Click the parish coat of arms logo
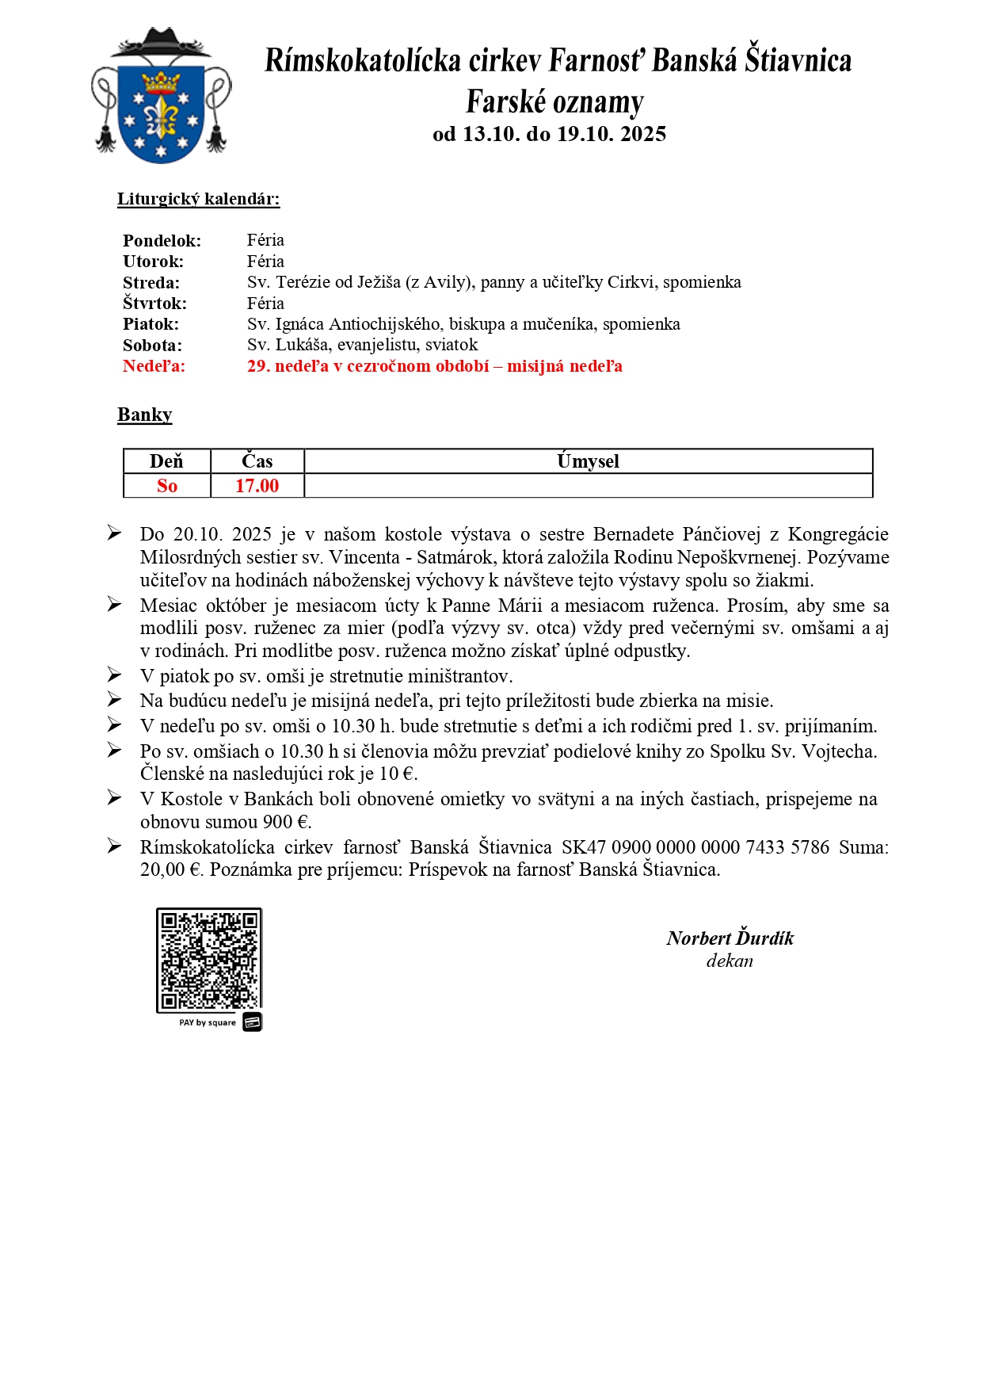point(161,97)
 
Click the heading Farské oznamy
point(554,102)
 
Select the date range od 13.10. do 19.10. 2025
point(549,134)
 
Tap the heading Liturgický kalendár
point(198,199)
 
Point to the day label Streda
point(151,283)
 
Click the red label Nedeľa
point(154,366)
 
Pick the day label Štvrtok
point(154,304)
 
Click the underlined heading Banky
point(144,415)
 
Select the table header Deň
point(166,461)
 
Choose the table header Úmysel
point(588,461)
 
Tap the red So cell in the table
point(166,486)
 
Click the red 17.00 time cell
point(257,486)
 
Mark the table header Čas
point(257,461)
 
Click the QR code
point(209,960)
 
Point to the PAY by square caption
point(208,1022)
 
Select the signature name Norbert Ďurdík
point(730,938)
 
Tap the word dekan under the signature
point(730,961)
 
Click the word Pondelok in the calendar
point(162,241)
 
